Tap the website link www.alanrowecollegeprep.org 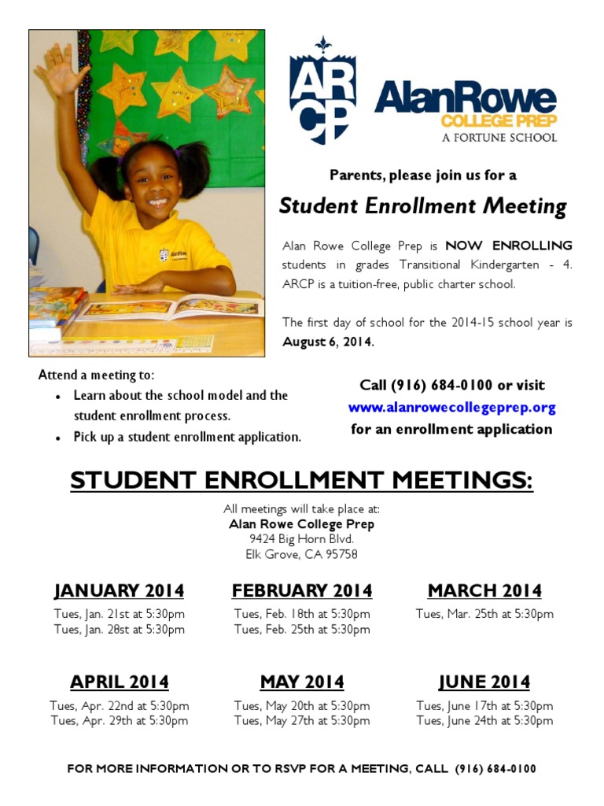tap(451, 408)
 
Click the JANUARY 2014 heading tap(119, 590)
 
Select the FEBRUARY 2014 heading tap(302, 590)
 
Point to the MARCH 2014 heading tap(484, 590)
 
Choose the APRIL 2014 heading tap(119, 682)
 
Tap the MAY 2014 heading tap(302, 682)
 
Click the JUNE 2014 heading tap(484, 682)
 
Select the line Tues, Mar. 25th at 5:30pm tap(484, 614)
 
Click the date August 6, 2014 tap(328, 342)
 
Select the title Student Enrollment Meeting tap(423, 207)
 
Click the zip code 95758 tap(341, 554)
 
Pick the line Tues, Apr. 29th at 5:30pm tap(120, 720)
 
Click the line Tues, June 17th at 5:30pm tap(484, 705)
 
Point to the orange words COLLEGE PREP tap(499, 121)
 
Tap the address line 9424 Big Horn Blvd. tap(302, 539)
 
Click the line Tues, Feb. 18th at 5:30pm tap(302, 614)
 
